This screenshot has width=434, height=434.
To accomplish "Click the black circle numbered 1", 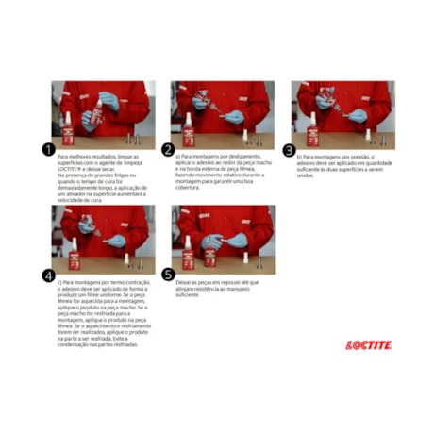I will pos(48,150).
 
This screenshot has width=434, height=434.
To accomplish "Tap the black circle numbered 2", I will pos(168,150).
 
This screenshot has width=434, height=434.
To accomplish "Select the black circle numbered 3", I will pos(289,150).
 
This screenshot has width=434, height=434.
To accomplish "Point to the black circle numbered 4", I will pos(48,275).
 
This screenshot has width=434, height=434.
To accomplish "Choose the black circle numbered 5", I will pos(168,275).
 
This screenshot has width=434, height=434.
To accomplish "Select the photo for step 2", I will pos(222,112).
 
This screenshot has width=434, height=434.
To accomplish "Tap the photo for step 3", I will pos(342,112).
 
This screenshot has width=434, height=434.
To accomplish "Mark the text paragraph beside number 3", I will pos(342,165).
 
